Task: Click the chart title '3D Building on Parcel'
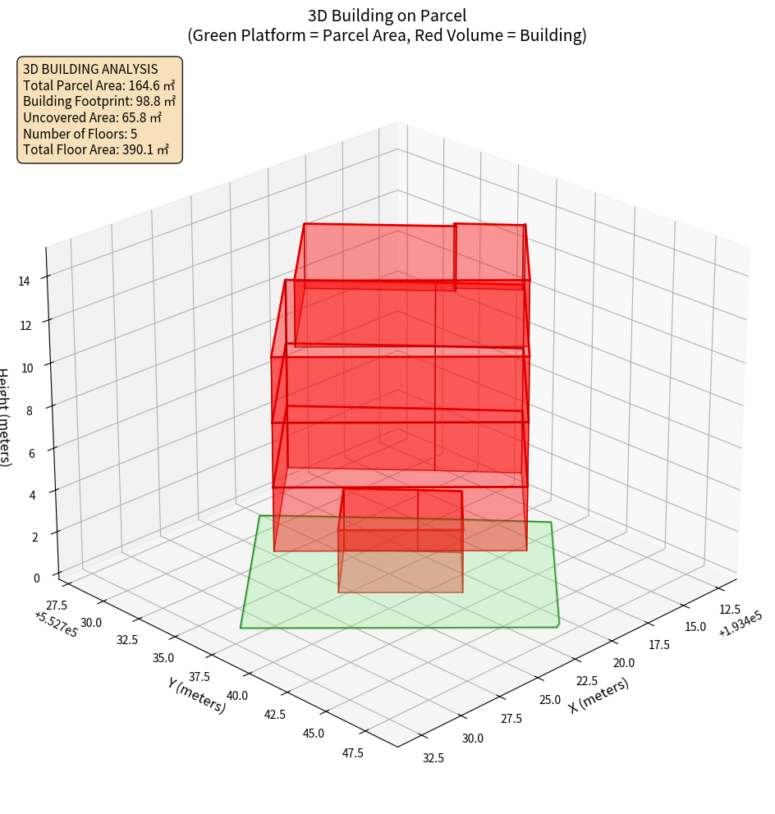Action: [x=387, y=16]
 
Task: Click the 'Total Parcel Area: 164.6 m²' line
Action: [x=99, y=85]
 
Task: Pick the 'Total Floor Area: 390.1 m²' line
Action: [x=96, y=150]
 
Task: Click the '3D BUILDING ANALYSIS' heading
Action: [x=90, y=69]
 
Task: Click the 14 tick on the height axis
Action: [x=24, y=281]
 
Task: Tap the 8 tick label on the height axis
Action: [x=29, y=409]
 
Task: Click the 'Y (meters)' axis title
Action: [x=196, y=694]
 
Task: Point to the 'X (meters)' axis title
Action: [x=599, y=695]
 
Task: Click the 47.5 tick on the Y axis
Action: [x=352, y=753]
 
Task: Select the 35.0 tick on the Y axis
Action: [x=163, y=657]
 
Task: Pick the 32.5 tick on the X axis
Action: [x=433, y=757]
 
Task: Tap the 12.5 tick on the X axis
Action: [x=729, y=609]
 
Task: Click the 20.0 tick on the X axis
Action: [x=623, y=663]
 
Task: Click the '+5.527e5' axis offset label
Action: [x=56, y=624]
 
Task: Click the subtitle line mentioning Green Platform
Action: [x=387, y=35]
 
